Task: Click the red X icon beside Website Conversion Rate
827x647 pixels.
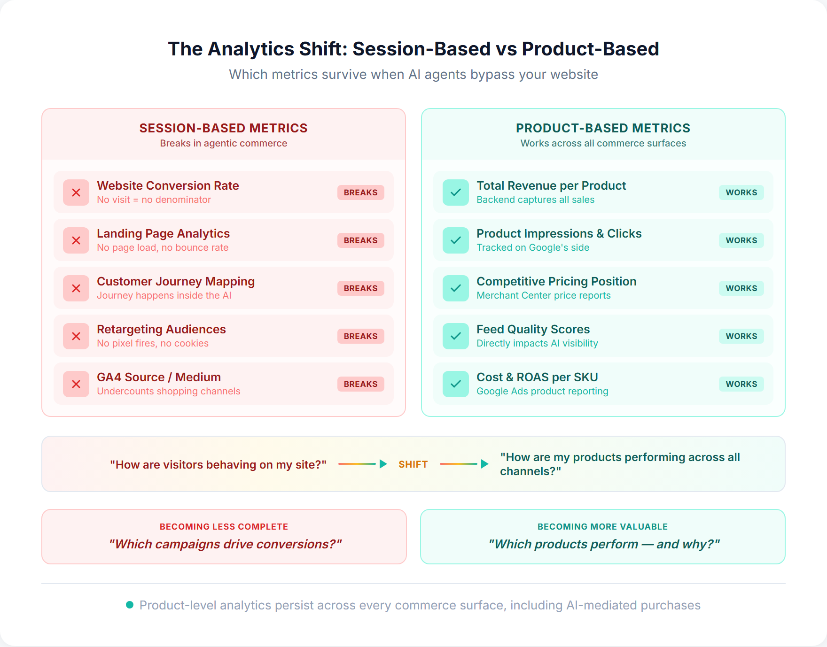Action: (x=76, y=193)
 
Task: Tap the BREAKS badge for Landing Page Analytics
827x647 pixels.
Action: (x=360, y=240)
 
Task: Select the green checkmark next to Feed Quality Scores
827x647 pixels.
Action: (x=455, y=336)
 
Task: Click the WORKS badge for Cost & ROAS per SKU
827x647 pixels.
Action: (x=741, y=384)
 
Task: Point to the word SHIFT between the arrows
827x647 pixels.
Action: (x=413, y=464)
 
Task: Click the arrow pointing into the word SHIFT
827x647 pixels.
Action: (x=362, y=464)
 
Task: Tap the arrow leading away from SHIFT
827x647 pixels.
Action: (x=464, y=464)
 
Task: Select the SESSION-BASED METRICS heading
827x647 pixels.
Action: (x=223, y=128)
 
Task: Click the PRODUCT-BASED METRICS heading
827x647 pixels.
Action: (x=603, y=128)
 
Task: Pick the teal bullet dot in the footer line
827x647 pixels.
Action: (x=130, y=605)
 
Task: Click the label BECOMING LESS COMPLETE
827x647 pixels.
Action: (x=224, y=527)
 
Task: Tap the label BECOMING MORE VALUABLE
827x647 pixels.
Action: (x=602, y=527)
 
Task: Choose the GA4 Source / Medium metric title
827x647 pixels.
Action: (x=159, y=377)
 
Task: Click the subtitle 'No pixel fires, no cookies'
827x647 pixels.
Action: (x=153, y=343)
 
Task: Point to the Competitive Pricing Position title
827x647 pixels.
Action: (x=556, y=281)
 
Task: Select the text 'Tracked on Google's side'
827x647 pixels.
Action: (x=533, y=247)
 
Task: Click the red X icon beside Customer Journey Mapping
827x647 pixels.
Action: (x=76, y=288)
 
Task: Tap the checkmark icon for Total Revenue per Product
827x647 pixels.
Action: (x=455, y=193)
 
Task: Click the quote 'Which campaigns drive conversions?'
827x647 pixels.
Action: (x=225, y=544)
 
